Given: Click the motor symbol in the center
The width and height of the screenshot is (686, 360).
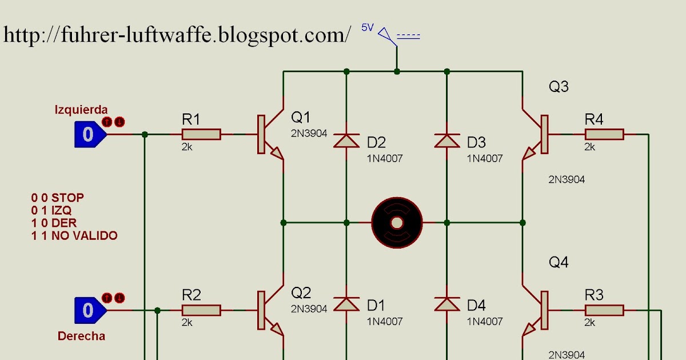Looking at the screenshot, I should (x=397, y=222).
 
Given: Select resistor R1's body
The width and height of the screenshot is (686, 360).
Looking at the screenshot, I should (x=201, y=134).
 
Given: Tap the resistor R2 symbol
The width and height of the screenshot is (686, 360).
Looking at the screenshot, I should (x=201, y=310).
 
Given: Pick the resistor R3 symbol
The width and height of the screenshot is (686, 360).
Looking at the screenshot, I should (x=604, y=310).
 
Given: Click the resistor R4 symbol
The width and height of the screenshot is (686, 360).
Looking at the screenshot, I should (x=604, y=134).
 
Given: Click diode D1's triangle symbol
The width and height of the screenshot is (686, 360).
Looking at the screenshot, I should (x=346, y=303).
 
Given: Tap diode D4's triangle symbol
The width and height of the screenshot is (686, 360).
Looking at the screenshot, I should (x=446, y=303).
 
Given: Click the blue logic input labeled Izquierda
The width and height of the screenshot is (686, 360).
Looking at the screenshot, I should (x=89, y=134).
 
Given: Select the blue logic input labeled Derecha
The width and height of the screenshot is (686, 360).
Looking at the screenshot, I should (x=89, y=310).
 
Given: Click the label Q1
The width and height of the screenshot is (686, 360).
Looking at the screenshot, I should (x=301, y=117).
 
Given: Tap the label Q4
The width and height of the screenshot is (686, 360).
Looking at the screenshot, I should (x=559, y=262).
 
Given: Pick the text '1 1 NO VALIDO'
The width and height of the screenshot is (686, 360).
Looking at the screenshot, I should (x=74, y=235).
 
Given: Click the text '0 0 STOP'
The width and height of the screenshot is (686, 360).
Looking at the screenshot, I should (x=57, y=198).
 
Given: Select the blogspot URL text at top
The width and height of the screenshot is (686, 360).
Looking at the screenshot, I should (x=177, y=35).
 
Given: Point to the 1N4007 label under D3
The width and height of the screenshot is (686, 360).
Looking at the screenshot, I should (x=485, y=158).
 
